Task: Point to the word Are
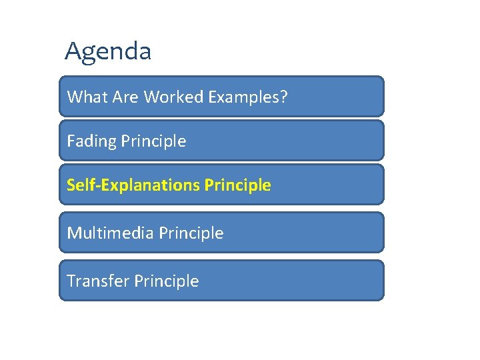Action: click(x=125, y=97)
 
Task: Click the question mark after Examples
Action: click(x=285, y=97)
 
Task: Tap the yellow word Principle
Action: click(x=238, y=185)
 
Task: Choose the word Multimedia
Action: click(x=111, y=233)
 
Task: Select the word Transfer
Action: click(x=98, y=281)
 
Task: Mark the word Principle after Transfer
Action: click(x=167, y=281)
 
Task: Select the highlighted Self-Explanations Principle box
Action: click(x=327, y=185)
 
